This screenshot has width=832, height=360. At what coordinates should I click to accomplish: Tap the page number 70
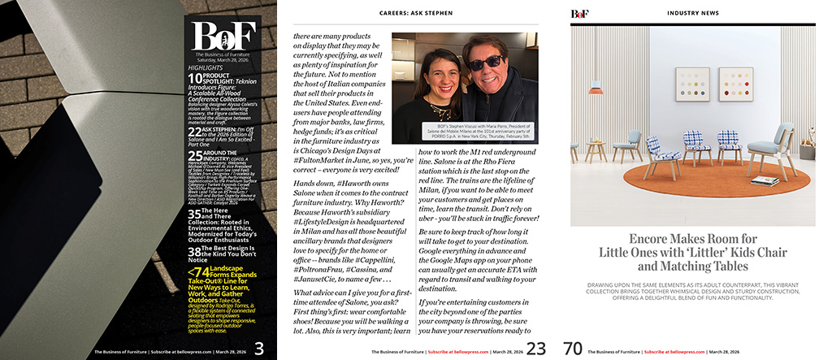click(x=573, y=349)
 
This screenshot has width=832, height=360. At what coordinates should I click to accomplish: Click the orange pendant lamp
click(x=596, y=87)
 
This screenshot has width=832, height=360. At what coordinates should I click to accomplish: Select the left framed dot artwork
click(x=691, y=84)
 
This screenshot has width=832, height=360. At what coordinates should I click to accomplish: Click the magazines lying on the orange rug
click(x=765, y=180)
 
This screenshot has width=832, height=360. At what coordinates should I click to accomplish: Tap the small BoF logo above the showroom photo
click(x=579, y=14)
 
